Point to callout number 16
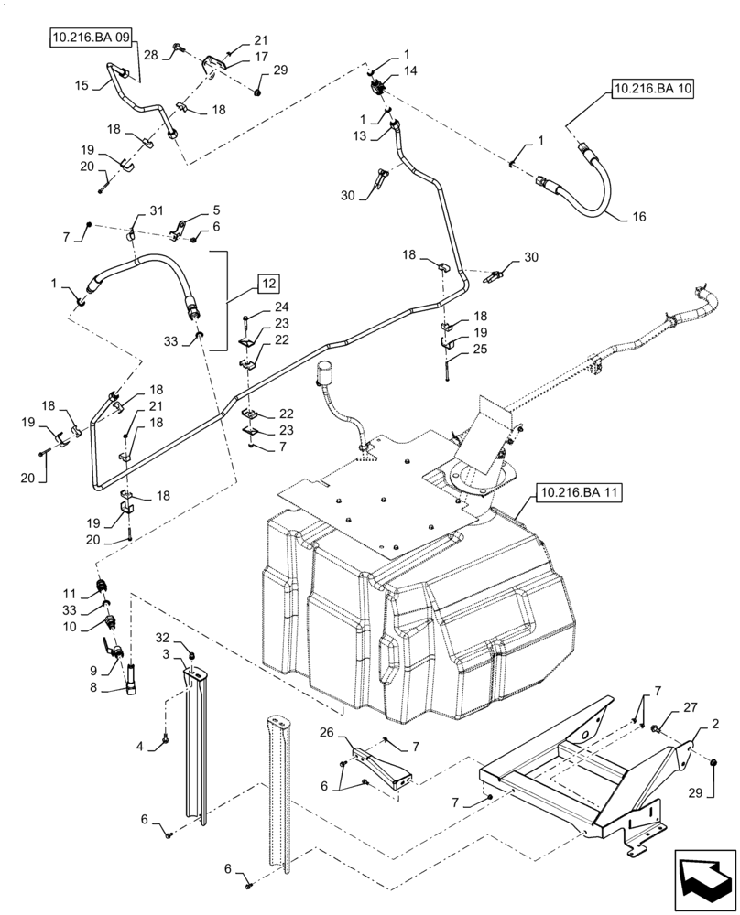(637, 218)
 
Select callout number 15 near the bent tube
(82, 85)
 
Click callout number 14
(409, 70)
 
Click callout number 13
(360, 135)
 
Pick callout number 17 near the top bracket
(261, 56)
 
